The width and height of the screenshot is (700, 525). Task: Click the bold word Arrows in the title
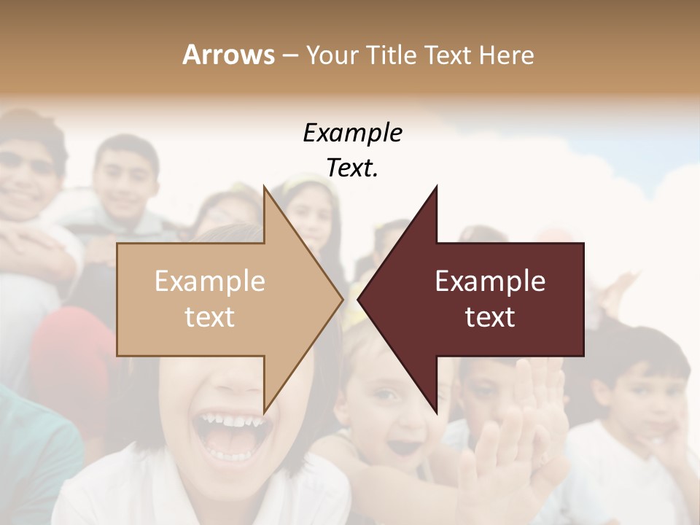[x=228, y=55]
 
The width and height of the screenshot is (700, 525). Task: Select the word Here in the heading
[x=507, y=55]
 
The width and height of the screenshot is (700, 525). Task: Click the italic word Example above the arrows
[x=352, y=133]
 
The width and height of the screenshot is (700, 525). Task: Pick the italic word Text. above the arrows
[x=352, y=168]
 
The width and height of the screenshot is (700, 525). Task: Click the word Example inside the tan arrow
[x=210, y=281]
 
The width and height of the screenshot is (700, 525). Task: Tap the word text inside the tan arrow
[x=210, y=317]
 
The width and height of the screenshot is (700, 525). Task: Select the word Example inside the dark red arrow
[x=490, y=281]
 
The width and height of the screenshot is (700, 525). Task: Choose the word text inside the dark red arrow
[x=490, y=317]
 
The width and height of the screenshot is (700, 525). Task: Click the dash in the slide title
[x=289, y=55]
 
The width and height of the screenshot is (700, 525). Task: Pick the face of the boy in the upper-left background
[x=125, y=179]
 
